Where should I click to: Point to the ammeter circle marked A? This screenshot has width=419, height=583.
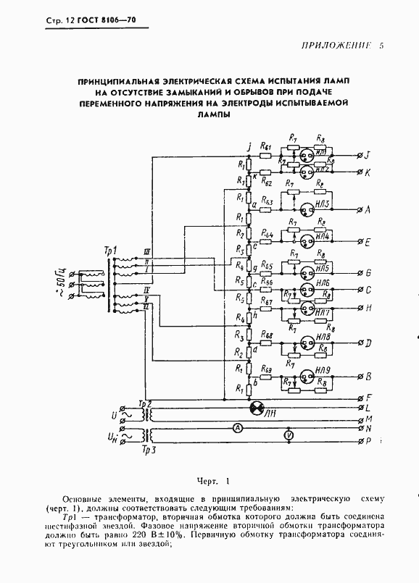tap(236, 429)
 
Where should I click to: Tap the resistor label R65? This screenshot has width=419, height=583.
tap(265, 264)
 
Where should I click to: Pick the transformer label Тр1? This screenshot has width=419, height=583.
tap(111, 251)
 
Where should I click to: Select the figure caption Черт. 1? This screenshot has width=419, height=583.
tap(212, 481)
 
